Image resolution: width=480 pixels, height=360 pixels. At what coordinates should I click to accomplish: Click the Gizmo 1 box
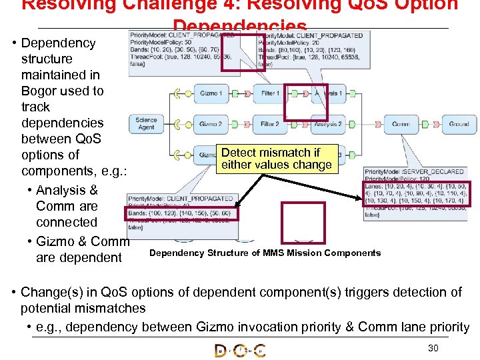pos(211,93)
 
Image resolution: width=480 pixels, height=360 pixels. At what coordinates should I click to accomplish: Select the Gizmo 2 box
pos(211,124)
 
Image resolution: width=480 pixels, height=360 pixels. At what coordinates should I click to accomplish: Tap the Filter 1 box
pos(270,93)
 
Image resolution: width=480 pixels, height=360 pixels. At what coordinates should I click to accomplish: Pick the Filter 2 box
pos(270,124)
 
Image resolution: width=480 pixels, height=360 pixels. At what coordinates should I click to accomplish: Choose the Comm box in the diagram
pos(401,124)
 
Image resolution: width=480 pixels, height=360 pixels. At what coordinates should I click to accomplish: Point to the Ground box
pos(459,124)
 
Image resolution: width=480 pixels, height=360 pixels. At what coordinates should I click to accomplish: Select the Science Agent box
pos(146,124)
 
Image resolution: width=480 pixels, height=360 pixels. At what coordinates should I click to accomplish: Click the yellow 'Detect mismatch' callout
pos(277,159)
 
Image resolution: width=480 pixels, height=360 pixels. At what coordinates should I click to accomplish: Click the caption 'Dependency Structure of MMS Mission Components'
pos(265,253)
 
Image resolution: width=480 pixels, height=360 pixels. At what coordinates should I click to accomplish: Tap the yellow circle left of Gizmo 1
pos(177,93)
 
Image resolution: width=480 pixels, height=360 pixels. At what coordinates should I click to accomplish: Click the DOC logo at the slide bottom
pos(240,349)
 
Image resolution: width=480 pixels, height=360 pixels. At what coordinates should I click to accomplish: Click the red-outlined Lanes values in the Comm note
pos(417,198)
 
